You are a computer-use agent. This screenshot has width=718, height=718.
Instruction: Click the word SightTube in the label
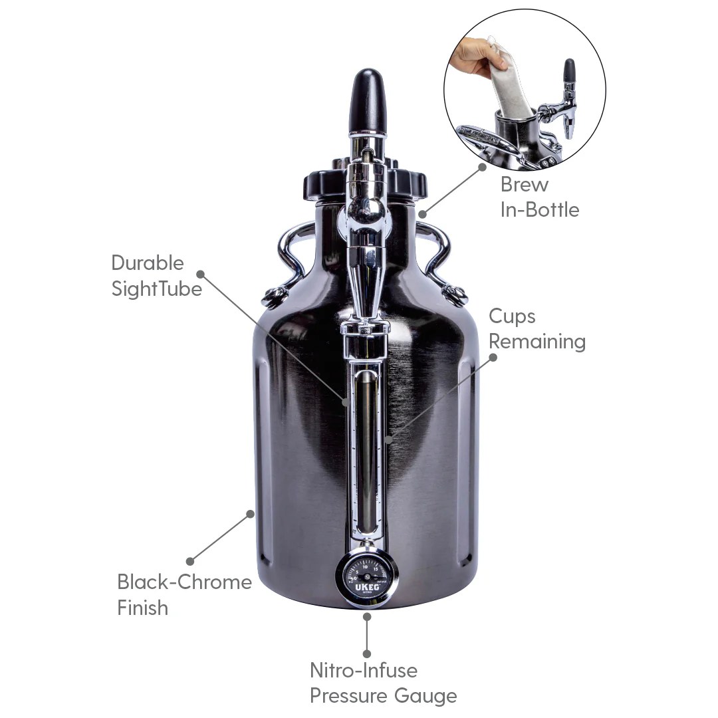(x=156, y=289)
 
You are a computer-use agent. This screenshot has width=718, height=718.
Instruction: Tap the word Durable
(x=147, y=263)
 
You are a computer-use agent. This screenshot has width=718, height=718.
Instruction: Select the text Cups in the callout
(x=512, y=316)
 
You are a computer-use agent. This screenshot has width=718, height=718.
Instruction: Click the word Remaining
(x=537, y=342)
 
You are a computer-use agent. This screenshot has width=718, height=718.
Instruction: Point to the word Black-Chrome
(x=184, y=582)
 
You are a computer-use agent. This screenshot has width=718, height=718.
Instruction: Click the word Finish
(x=142, y=608)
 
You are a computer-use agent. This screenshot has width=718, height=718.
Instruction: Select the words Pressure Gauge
(x=383, y=696)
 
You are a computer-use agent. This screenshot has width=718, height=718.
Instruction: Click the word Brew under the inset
(x=525, y=183)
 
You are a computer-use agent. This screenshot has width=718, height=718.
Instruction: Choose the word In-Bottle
(x=539, y=209)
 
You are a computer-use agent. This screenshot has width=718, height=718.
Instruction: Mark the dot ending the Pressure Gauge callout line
(x=366, y=654)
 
